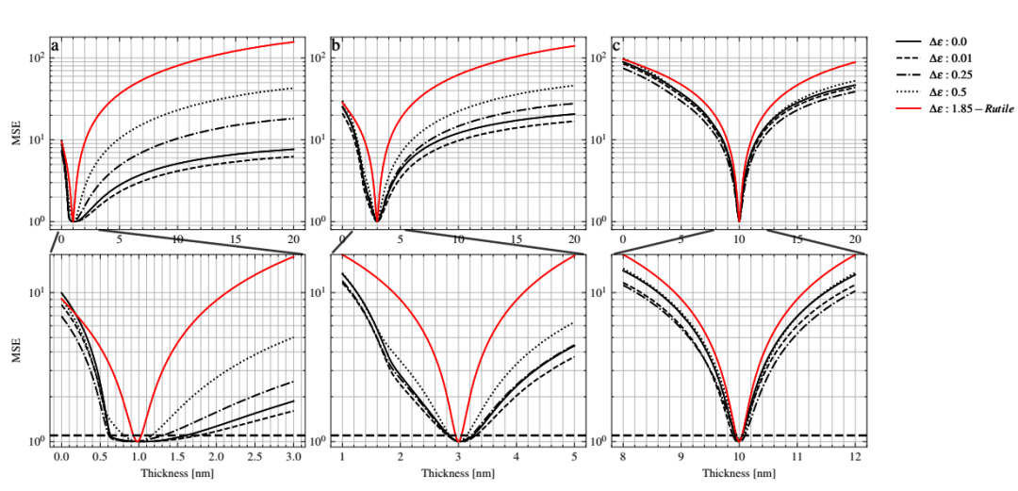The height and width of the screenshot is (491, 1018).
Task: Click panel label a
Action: point(56,44)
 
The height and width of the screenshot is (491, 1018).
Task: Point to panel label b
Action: point(337,44)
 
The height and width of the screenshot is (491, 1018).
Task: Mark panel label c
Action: point(616,44)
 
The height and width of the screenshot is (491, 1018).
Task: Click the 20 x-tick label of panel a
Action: point(293,239)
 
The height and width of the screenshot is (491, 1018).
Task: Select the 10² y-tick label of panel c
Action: point(596,57)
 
